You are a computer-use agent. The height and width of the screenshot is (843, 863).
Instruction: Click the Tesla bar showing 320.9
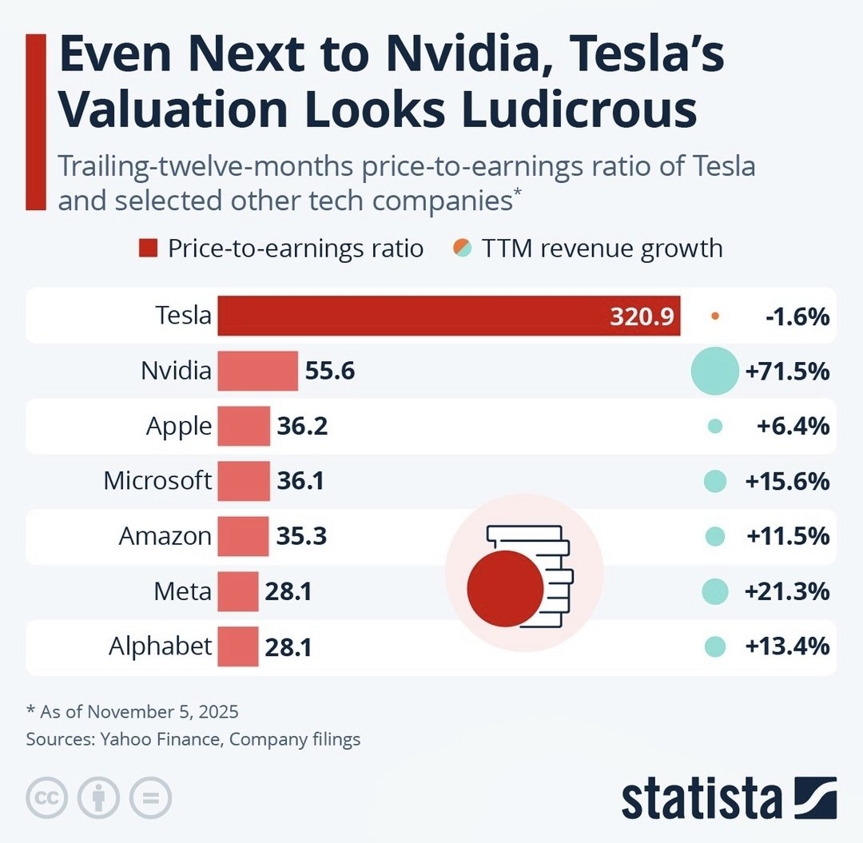click(447, 316)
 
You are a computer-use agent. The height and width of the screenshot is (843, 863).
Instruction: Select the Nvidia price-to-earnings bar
click(257, 371)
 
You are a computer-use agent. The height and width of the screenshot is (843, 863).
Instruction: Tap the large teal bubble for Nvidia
click(714, 372)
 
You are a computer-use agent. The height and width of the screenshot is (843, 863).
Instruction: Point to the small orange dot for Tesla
click(715, 316)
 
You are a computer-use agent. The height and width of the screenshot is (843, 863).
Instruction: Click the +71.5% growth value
click(787, 372)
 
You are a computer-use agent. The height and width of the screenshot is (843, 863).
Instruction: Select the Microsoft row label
click(157, 481)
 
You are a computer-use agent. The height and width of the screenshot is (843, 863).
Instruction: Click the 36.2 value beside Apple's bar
click(302, 426)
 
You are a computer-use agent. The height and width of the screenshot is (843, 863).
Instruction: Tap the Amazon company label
click(165, 536)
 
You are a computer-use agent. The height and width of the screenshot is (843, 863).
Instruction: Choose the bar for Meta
click(238, 591)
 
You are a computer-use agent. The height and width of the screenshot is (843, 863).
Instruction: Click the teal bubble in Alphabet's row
click(715, 646)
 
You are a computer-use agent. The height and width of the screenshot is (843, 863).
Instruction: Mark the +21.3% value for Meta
click(787, 591)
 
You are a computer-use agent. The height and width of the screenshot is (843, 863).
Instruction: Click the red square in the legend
click(147, 249)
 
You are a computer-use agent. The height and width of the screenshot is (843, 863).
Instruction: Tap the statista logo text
click(702, 799)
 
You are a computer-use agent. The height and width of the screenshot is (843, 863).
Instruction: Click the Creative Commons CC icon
click(46, 797)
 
